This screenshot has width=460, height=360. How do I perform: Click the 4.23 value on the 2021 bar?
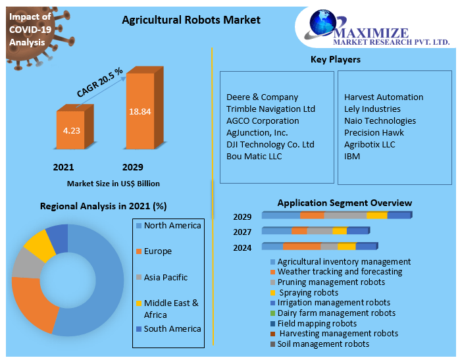[x=71, y=130]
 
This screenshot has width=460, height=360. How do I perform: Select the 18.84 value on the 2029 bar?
[x=140, y=111]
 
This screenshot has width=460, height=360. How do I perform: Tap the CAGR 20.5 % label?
[x=99, y=82]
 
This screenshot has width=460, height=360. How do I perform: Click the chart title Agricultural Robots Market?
[x=191, y=20]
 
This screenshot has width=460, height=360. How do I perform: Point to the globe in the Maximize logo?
[x=322, y=22]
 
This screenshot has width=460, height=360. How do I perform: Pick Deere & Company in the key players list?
[x=263, y=97]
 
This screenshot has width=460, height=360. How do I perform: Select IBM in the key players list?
[x=352, y=157]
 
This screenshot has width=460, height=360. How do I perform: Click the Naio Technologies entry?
[x=380, y=121]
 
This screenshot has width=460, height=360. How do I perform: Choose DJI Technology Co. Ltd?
[x=270, y=145]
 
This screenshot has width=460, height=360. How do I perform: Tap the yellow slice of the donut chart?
[x=40, y=245]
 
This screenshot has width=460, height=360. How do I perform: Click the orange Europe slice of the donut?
[x=32, y=302]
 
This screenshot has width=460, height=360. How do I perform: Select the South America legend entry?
[x=168, y=329]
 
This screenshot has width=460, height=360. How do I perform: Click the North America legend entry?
[x=168, y=225]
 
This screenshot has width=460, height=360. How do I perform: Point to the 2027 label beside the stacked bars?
[x=242, y=232]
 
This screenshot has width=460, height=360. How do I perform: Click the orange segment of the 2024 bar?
[x=302, y=246]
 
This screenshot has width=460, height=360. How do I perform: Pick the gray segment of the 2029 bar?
[x=345, y=215]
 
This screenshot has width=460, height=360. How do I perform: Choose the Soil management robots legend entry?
[x=320, y=344]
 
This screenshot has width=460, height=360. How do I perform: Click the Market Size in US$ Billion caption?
[x=114, y=184]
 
